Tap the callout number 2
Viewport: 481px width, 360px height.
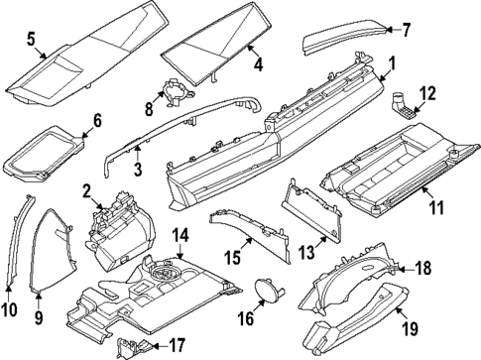tap(87, 190)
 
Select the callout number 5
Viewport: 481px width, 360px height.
tap(32, 41)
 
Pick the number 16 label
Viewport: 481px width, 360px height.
tap(244, 319)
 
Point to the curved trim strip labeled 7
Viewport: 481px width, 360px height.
tap(342, 40)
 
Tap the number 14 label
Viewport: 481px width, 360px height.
tap(180, 235)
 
